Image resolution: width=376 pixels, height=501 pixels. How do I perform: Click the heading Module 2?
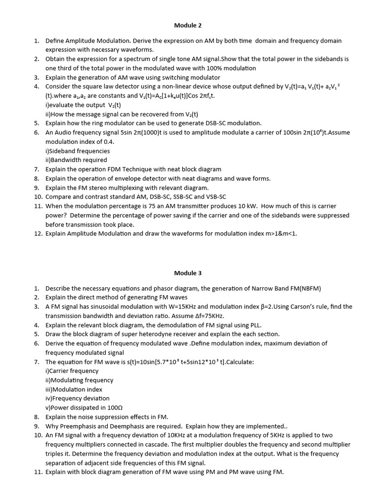click(x=188, y=25)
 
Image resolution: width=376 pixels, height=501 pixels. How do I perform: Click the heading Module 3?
click(x=188, y=273)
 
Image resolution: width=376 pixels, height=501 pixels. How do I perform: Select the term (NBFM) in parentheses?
click(x=306, y=288)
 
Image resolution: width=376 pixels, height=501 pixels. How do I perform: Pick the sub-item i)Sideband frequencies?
click(x=77, y=151)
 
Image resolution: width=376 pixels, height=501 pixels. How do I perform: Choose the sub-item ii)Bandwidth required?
click(x=76, y=160)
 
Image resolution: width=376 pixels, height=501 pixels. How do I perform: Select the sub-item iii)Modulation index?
click(x=74, y=389)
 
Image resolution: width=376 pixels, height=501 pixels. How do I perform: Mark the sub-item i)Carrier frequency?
click(x=72, y=371)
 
